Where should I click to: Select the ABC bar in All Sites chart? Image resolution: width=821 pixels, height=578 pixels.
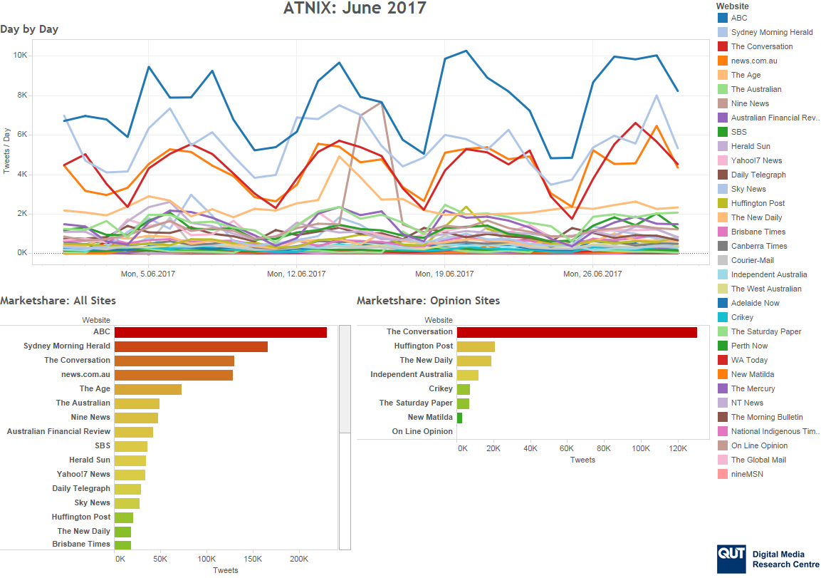[x=220, y=332]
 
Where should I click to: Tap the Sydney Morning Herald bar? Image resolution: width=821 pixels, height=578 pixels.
[x=191, y=346]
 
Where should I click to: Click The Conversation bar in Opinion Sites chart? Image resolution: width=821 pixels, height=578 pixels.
[x=577, y=332]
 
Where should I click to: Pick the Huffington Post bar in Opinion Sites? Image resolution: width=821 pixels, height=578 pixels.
[x=476, y=346]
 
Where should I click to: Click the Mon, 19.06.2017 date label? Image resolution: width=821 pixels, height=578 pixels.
[x=444, y=274]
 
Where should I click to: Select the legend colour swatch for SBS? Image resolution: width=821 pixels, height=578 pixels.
[x=722, y=132]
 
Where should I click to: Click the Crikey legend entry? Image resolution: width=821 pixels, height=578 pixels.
[x=741, y=317]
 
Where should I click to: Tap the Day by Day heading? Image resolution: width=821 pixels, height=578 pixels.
[x=29, y=29]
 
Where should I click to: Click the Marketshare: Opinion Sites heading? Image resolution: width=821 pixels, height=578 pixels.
[x=428, y=301]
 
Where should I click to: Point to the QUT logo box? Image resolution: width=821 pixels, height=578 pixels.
[x=731, y=558]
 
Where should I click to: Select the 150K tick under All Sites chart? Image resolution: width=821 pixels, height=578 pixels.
[x=253, y=559]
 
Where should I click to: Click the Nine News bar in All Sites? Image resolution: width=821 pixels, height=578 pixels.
[x=136, y=418]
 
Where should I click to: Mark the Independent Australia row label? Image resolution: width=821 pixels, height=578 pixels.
[x=411, y=374]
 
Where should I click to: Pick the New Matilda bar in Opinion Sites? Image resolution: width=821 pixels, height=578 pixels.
[x=459, y=418]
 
